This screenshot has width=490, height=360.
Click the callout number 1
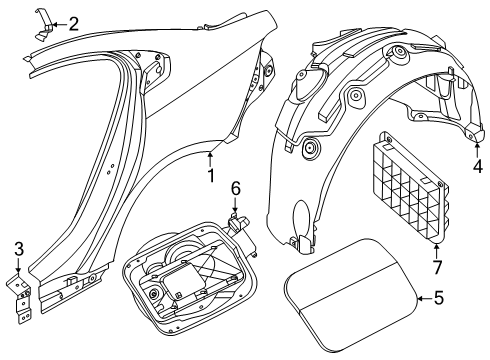click(x=210, y=176)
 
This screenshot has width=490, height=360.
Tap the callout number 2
click(x=73, y=22)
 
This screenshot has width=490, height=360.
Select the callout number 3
click(x=18, y=247)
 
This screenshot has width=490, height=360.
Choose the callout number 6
click(x=235, y=187)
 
